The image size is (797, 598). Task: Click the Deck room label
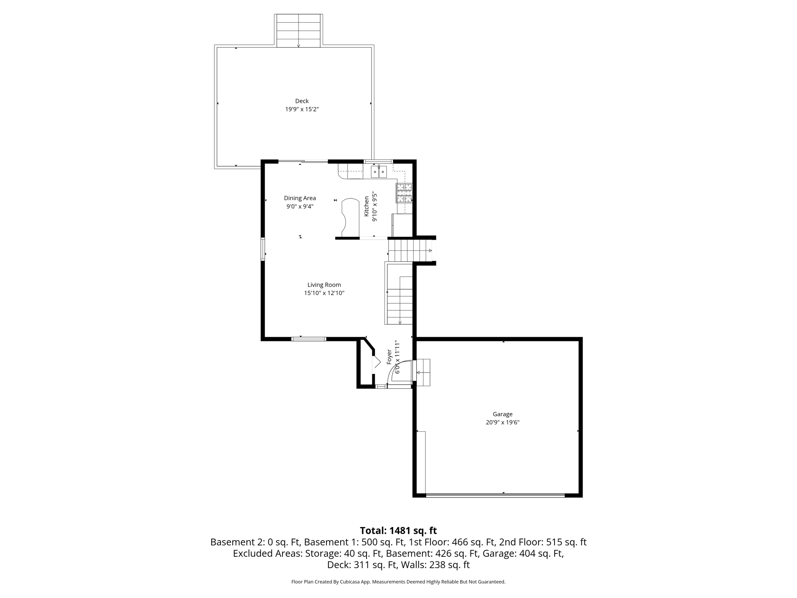(302, 101)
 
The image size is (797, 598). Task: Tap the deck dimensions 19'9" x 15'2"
(302, 109)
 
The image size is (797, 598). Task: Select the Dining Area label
(300, 198)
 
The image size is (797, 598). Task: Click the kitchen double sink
(379, 172)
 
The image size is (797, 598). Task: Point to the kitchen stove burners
(404, 193)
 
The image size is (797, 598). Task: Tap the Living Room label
(324, 285)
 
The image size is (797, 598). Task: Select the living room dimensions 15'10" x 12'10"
(324, 293)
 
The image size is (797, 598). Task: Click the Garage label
(502, 414)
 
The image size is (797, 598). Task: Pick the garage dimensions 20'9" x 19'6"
(502, 422)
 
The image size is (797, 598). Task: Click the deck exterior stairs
(298, 31)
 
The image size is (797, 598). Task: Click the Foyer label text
(389, 357)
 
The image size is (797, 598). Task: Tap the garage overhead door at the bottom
(495, 495)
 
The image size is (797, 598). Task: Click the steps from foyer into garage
(423, 372)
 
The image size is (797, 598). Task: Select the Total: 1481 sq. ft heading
(398, 531)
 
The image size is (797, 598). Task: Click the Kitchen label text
(366, 206)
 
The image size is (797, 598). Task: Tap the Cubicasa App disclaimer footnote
(398, 582)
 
